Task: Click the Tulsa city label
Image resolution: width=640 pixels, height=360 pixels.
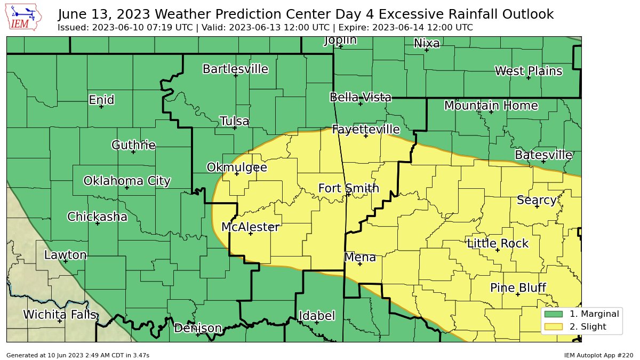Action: [x=235, y=121]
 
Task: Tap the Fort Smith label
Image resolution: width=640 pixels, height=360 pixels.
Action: [x=349, y=188]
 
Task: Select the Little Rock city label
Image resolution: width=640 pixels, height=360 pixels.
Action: [x=498, y=244]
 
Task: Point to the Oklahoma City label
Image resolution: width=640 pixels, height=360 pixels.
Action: [x=127, y=181]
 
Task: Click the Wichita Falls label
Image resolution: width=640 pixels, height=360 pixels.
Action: [x=60, y=315]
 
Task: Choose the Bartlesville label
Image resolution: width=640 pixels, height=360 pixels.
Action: [x=235, y=69]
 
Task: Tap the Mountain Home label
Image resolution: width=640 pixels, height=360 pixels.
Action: [x=491, y=106]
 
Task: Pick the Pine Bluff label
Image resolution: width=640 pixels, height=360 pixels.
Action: [x=518, y=288]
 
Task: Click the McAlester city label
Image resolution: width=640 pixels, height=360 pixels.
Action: [x=250, y=227]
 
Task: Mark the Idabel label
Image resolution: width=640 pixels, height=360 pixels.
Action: [x=317, y=316]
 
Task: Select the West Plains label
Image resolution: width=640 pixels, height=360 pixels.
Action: [x=528, y=71]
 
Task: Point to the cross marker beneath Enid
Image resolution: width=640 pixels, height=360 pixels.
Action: [x=101, y=107]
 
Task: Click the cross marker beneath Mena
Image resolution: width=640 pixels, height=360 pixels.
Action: [x=359, y=264]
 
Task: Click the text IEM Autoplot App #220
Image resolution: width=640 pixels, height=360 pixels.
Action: [x=598, y=355]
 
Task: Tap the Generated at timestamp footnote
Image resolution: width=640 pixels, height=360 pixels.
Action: [x=78, y=355]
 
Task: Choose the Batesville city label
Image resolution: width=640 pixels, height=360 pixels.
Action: [x=543, y=155]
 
